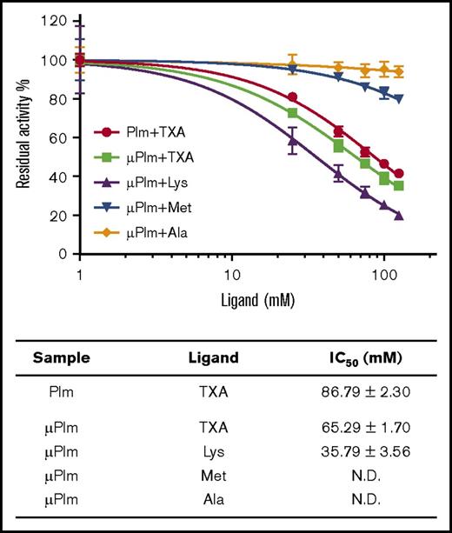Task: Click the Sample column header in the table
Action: [x=62, y=357]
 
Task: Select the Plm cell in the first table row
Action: [x=62, y=392]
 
